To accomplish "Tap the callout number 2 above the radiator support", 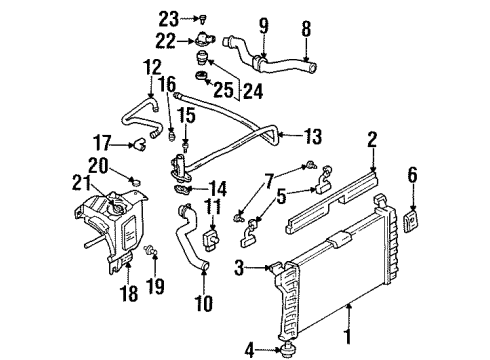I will (372, 139).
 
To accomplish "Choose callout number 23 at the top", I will (167, 16).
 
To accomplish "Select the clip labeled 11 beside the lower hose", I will (212, 241).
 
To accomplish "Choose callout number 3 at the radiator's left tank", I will (240, 266).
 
